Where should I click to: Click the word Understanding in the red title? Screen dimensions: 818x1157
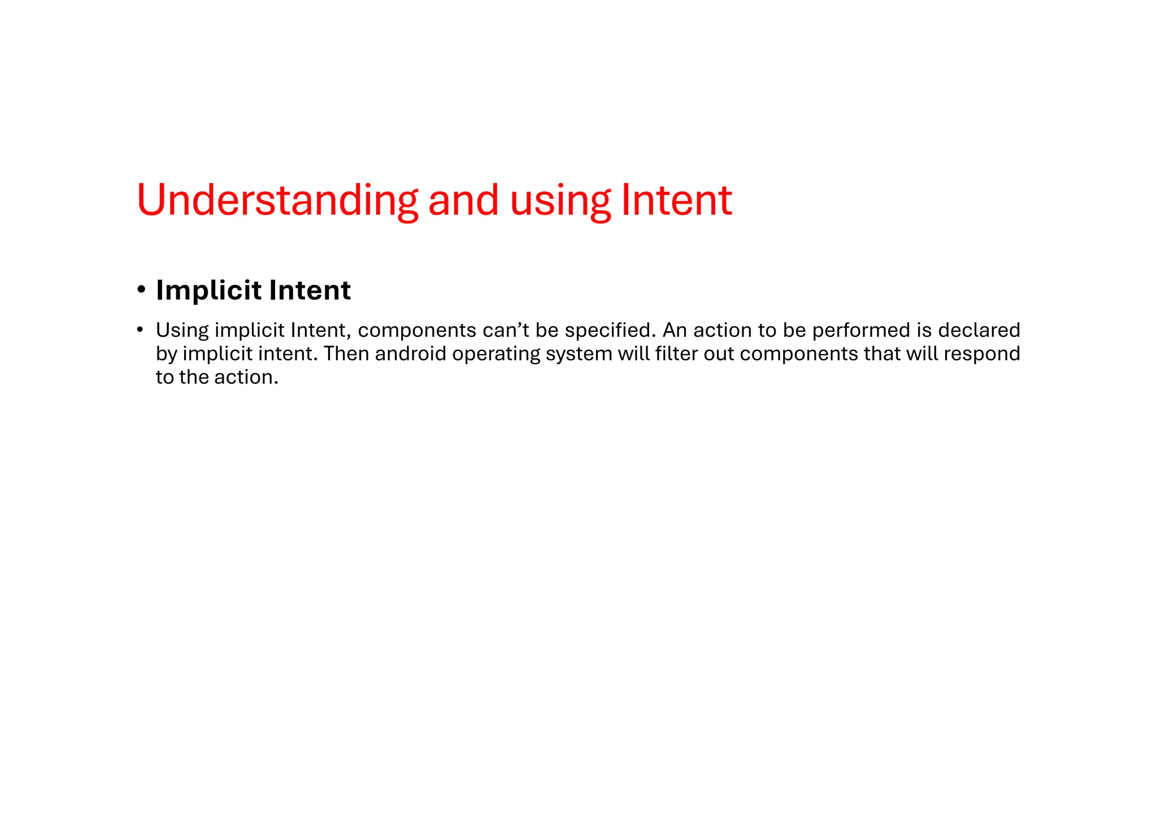click(x=277, y=201)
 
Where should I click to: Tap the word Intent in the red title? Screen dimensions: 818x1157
click(x=676, y=201)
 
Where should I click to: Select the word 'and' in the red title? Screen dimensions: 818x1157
click(x=463, y=201)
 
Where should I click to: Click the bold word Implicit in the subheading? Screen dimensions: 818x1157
click(x=209, y=291)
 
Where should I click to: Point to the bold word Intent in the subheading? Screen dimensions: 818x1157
click(x=310, y=291)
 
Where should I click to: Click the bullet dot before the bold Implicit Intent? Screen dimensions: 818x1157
click(x=141, y=291)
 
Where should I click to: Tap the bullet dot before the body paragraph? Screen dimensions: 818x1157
click(x=140, y=330)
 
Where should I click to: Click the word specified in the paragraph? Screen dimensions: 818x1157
click(x=610, y=330)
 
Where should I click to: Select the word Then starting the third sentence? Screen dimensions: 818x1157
click(x=346, y=354)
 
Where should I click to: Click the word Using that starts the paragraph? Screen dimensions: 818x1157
click(x=182, y=331)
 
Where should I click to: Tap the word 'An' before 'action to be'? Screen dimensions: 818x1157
click(x=675, y=330)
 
